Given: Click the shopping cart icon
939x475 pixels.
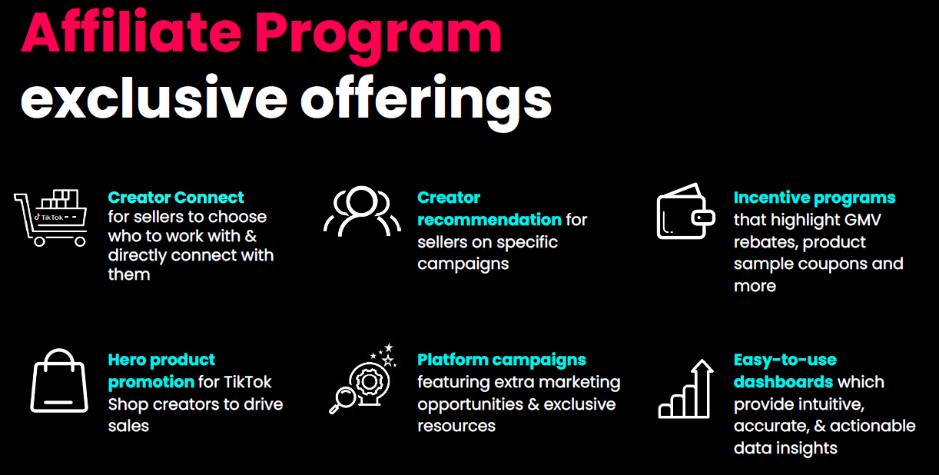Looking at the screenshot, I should tap(50, 218).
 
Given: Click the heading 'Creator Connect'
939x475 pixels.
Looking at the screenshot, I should tap(176, 198).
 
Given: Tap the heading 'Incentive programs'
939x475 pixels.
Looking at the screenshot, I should tap(814, 198).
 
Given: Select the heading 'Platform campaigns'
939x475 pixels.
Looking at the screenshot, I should tap(501, 360).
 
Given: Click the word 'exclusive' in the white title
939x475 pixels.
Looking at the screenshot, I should tap(154, 98).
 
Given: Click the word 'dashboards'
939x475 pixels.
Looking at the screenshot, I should tap(783, 382).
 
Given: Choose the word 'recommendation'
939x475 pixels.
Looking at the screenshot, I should tap(489, 220).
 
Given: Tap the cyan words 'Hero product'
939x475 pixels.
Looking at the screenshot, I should tap(161, 360).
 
